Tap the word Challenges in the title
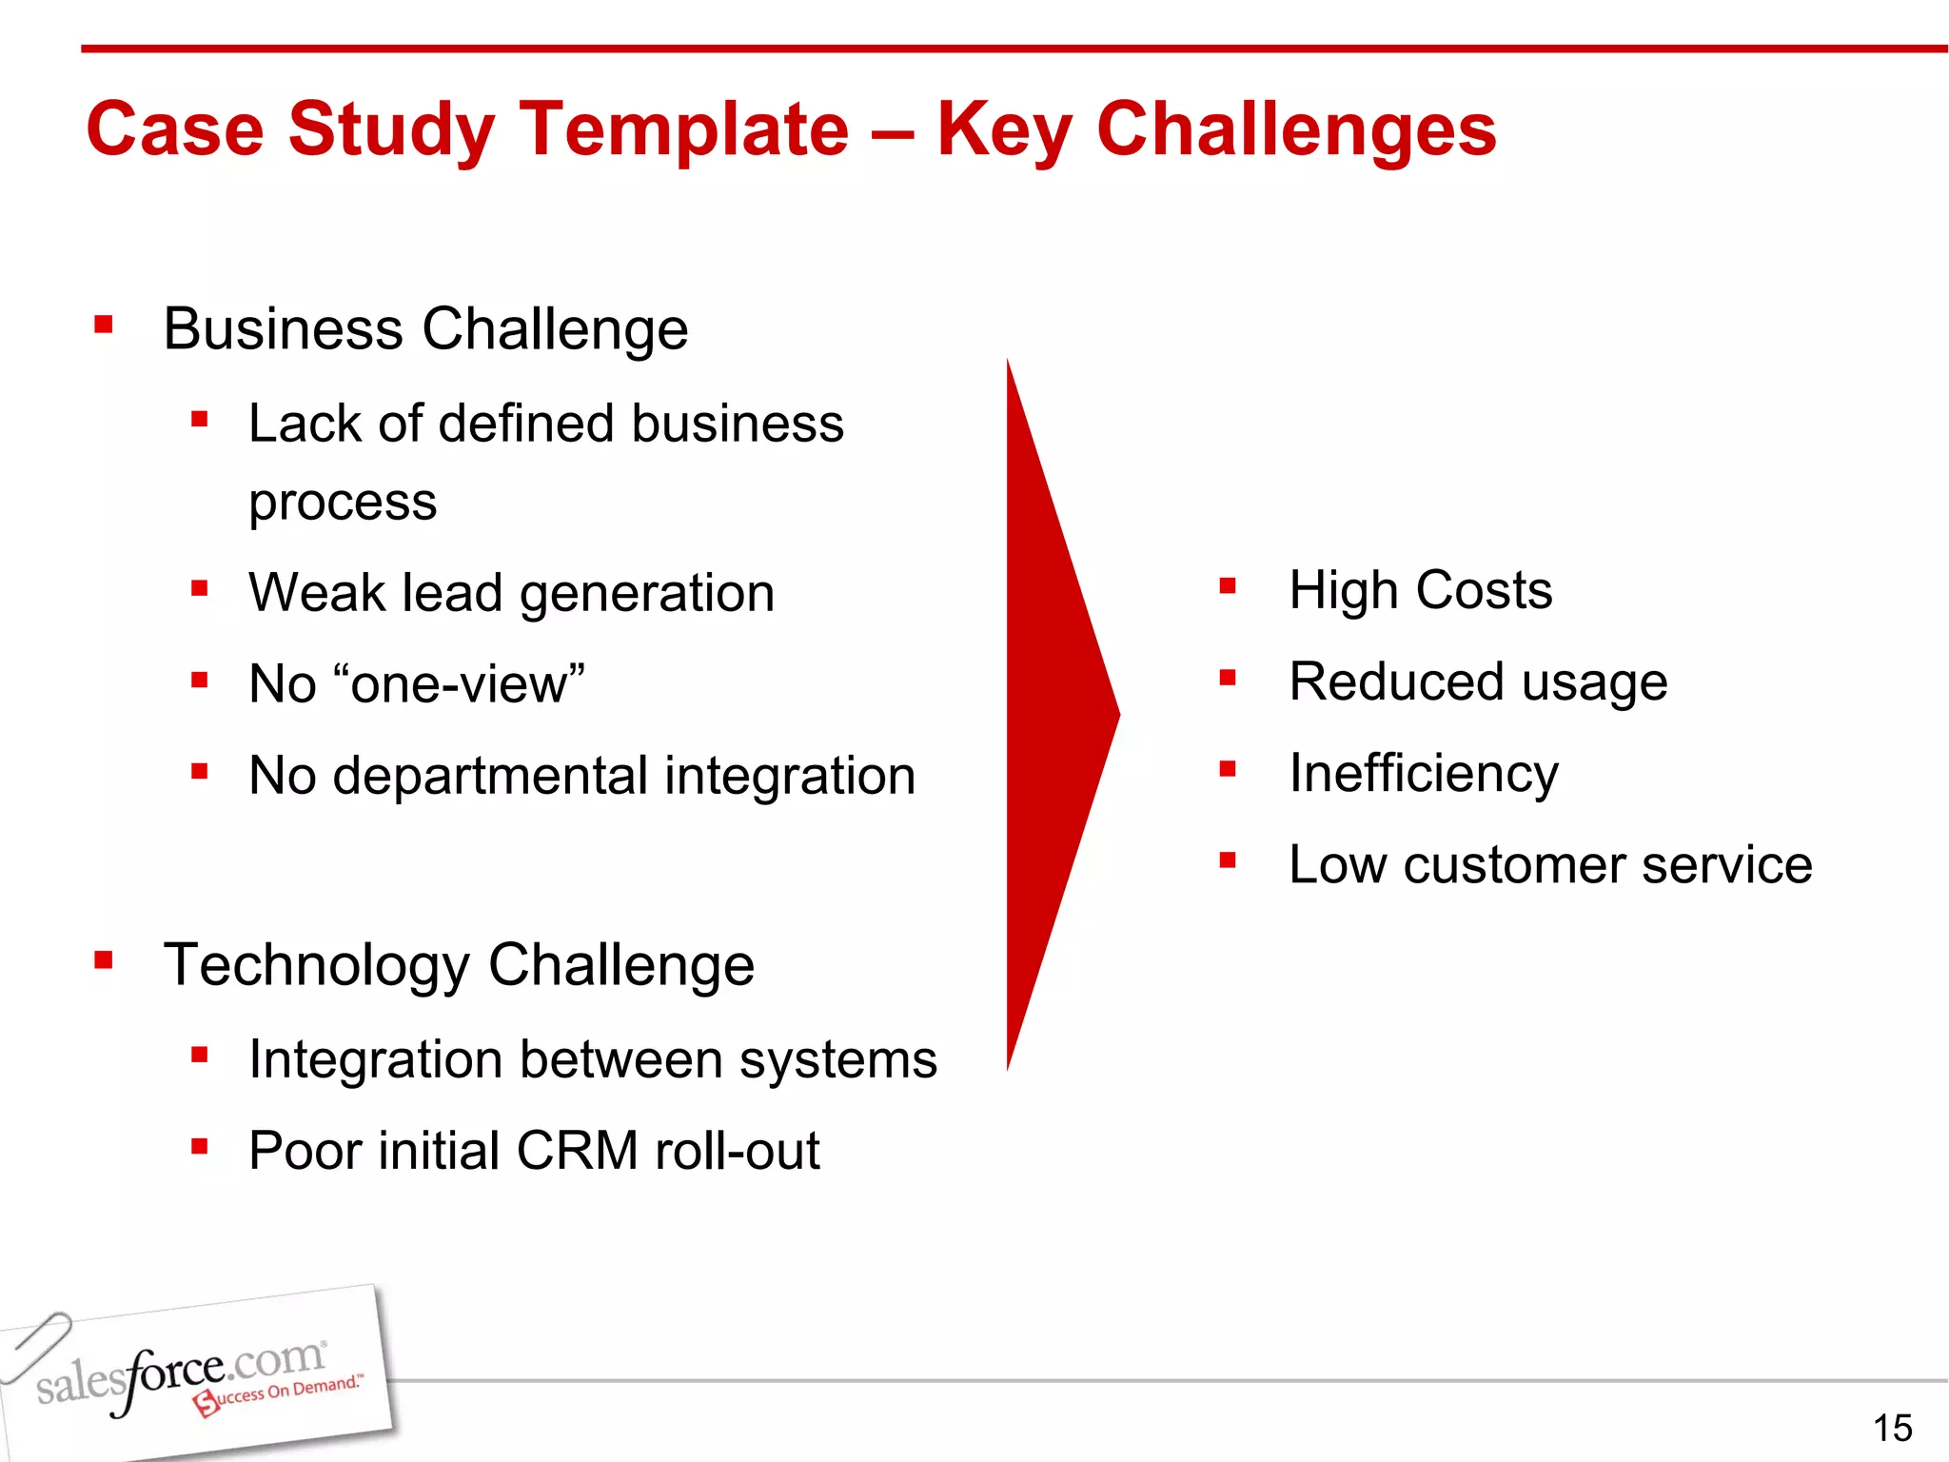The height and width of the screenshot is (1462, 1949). tap(1296, 130)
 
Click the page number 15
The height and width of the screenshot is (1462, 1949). tap(1892, 1428)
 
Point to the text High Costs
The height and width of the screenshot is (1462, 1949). tap(1420, 590)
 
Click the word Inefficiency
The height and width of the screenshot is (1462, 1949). tap(1424, 773)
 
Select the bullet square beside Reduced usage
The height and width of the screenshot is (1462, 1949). tap(1228, 678)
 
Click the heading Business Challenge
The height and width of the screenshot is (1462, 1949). tap(425, 329)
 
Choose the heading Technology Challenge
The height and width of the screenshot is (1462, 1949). tap(459, 965)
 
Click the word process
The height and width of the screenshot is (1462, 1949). tap(343, 503)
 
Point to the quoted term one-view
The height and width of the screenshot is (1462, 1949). tap(466, 683)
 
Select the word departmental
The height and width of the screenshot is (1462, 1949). tap(490, 776)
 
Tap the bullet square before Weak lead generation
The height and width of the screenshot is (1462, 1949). tap(199, 588)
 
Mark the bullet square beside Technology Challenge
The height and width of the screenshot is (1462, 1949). tap(104, 960)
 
